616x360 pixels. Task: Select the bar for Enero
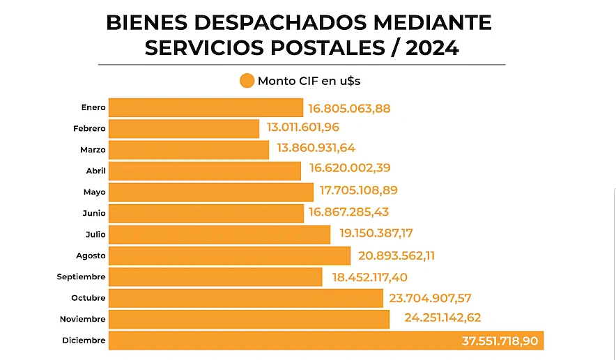coord(206,107)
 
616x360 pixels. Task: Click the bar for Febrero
coord(184,129)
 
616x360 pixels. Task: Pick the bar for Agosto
coord(230,256)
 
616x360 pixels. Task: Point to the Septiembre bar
coord(216,276)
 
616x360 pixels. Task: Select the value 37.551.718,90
coord(500,341)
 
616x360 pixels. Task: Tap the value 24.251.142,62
coord(442,318)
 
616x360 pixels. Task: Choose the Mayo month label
coord(95,191)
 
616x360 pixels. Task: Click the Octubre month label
coord(88,298)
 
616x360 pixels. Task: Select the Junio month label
coord(93,213)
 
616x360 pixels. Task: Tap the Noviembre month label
coord(83,319)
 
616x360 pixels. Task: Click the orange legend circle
coord(247,81)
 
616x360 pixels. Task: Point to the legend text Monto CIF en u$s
coord(309,81)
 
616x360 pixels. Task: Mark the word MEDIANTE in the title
coord(433,23)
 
